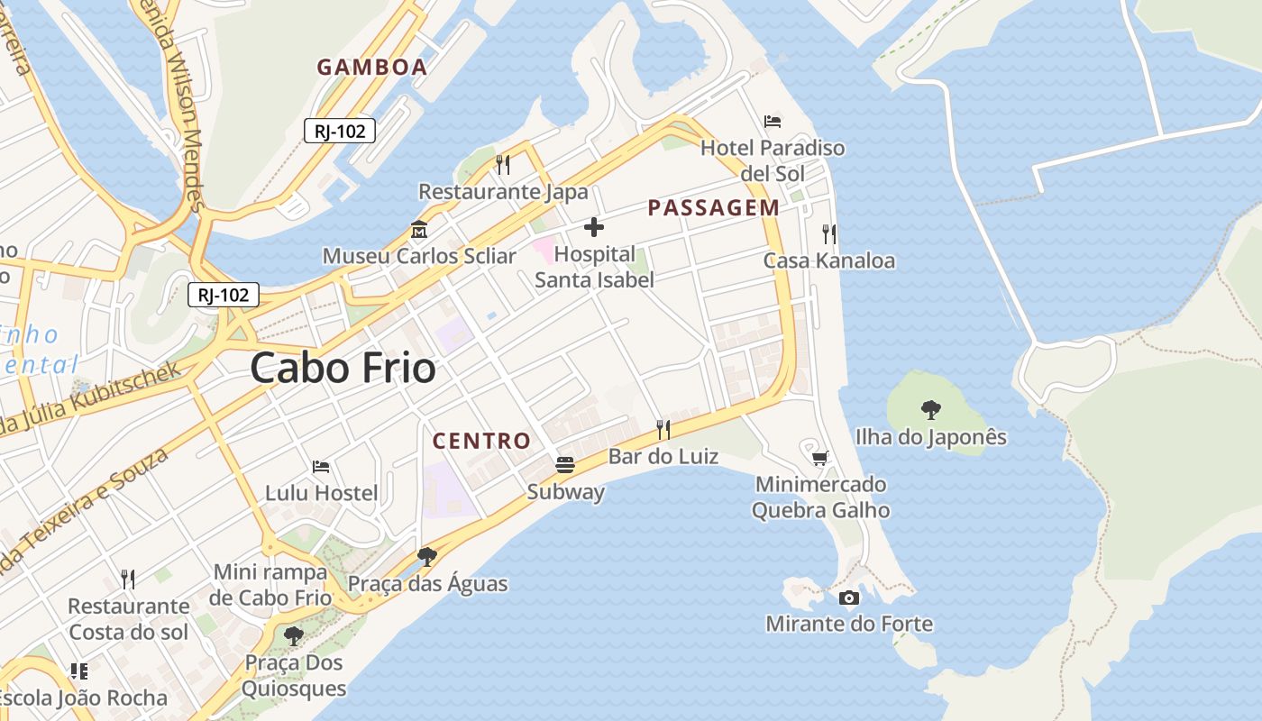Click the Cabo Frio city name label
[x=343, y=368]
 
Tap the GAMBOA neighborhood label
[x=371, y=67]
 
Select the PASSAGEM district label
[x=713, y=208]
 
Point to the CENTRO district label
[x=481, y=441]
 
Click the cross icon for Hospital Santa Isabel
[x=594, y=227]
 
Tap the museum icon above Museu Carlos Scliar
[x=418, y=229]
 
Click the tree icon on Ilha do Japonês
[x=931, y=410]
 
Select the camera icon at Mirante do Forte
[x=848, y=598]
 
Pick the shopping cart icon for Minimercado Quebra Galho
[x=820, y=458]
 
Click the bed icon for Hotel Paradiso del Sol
[x=773, y=121]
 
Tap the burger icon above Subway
[x=565, y=465]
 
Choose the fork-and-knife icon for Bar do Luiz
[x=663, y=429]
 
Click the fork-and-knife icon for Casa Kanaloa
[x=829, y=234]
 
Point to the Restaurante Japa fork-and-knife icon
[x=503, y=164]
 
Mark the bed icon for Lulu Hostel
[x=321, y=467]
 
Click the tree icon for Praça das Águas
[x=427, y=556]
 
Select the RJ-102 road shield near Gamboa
[x=340, y=131]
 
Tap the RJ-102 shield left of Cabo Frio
[x=224, y=295]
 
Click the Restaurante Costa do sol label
[x=129, y=618]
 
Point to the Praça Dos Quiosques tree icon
[x=294, y=636]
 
